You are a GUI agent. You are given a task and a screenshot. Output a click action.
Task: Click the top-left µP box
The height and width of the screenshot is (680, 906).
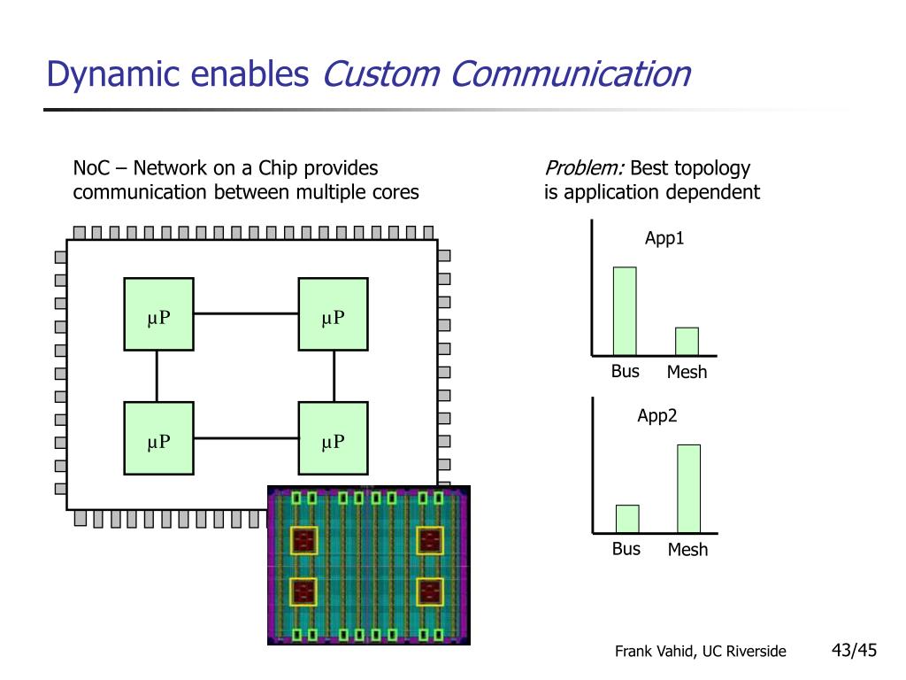coord(159,314)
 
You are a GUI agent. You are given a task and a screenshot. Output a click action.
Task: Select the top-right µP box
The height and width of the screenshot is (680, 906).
coord(334,314)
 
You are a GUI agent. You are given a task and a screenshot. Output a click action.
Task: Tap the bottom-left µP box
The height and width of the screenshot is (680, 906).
coord(159,438)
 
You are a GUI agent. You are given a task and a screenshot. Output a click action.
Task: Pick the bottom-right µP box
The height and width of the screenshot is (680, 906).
coord(334,438)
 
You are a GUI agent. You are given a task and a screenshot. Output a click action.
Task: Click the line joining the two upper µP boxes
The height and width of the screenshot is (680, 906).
coord(246,313)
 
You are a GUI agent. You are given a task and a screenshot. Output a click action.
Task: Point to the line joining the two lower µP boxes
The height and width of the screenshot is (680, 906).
coord(246,438)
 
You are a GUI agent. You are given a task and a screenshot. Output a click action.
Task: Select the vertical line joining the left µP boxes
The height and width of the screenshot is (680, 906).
coord(157,376)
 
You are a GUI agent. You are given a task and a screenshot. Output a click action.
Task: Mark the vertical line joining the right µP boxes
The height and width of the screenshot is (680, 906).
coord(334,376)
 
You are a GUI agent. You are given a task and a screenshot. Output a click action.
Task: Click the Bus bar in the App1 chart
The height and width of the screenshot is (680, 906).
coord(625,311)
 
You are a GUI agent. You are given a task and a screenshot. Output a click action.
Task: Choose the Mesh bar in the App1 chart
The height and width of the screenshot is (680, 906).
coord(687,342)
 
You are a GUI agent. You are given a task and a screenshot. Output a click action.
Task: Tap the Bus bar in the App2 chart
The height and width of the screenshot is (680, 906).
coord(627,519)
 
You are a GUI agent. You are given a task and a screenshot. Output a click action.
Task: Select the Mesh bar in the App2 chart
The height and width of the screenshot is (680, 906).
coord(688,489)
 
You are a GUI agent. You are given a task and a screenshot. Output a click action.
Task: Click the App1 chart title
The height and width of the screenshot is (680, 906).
coord(664,238)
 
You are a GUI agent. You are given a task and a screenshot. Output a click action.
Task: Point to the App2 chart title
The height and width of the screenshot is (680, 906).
coord(657,416)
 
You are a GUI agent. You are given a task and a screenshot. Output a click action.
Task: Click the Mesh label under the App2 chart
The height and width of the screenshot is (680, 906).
coord(687,549)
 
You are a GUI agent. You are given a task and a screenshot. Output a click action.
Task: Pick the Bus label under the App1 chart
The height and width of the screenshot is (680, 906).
coord(626,371)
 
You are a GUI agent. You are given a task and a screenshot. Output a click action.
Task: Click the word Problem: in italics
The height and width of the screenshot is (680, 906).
coord(585,168)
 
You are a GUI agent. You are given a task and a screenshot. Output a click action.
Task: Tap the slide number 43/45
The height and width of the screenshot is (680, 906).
coord(854,651)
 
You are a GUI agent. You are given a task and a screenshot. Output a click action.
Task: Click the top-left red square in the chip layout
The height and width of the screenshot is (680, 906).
coord(304,541)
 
